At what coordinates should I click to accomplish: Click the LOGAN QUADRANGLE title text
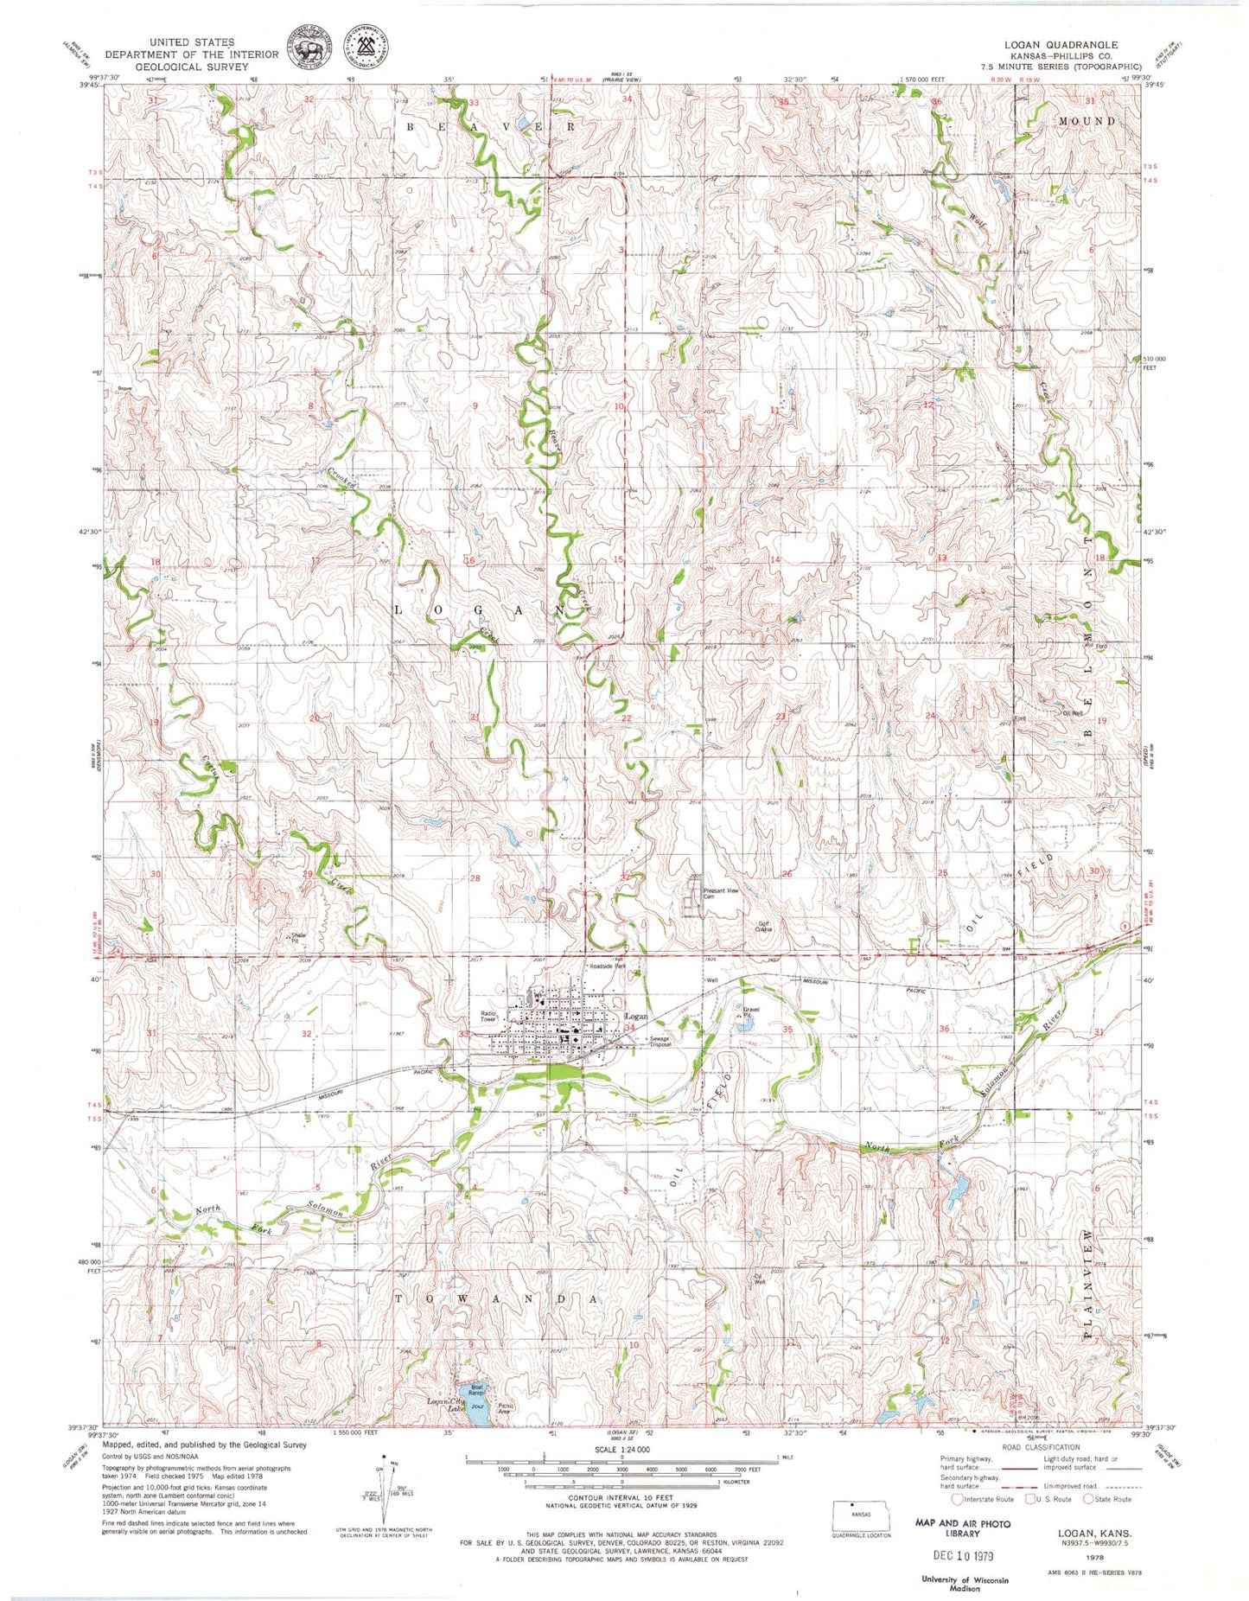(1061, 44)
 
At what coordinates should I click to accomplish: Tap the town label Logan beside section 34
(636, 1017)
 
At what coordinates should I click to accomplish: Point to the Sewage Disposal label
(660, 1041)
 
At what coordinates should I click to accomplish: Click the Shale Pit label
(298, 939)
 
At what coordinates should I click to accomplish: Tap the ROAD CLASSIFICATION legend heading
(1042, 1446)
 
